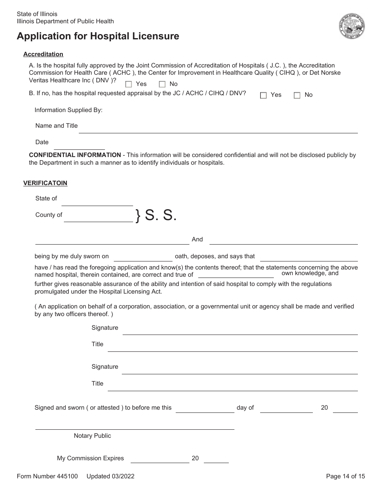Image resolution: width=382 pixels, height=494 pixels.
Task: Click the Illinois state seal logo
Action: point(352,27)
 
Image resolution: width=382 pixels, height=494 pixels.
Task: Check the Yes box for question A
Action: point(129,84)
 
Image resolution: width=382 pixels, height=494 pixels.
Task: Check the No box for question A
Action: point(162,84)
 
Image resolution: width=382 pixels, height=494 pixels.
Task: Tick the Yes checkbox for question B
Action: point(263,96)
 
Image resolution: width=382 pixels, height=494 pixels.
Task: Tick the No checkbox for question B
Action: point(297,96)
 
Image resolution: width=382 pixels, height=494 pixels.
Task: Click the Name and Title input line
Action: point(218,129)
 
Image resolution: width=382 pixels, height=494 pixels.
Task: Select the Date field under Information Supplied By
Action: point(79,145)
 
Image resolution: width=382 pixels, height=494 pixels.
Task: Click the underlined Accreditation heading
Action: point(43,54)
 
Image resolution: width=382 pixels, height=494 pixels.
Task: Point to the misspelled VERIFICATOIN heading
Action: point(45,183)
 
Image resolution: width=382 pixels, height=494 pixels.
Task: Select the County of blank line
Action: point(99,218)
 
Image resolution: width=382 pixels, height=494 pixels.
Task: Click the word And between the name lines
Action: point(197,239)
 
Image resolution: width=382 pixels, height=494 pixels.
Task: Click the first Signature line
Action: point(240,331)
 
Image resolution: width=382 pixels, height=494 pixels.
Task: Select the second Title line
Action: point(232,387)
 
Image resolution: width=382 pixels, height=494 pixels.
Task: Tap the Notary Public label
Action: point(92,436)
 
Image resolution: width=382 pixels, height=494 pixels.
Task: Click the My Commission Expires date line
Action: point(160,459)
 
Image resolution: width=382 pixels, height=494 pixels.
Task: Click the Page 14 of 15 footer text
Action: point(345,476)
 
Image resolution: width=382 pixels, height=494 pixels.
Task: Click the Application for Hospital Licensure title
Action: point(98,36)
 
